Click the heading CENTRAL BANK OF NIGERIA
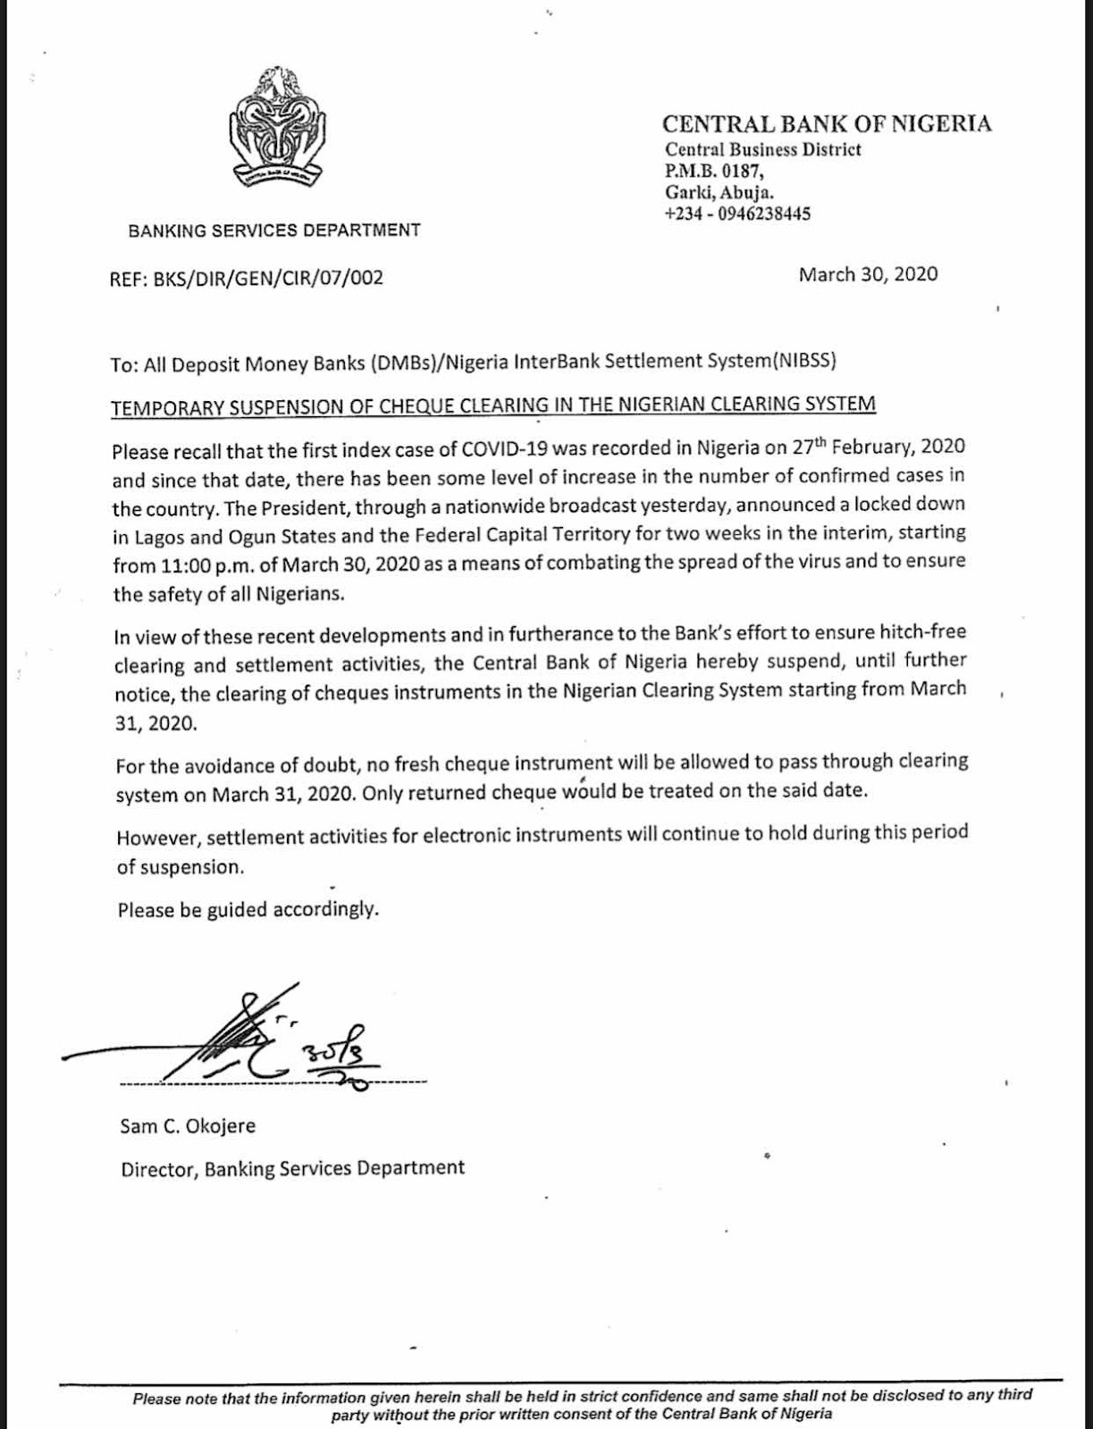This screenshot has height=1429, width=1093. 827,123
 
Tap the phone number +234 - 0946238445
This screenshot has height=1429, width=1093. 737,213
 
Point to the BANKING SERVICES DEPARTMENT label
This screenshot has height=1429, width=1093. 274,230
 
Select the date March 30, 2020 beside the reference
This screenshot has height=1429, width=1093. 868,274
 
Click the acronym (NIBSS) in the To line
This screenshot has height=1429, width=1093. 805,362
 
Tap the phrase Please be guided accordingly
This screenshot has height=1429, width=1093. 248,910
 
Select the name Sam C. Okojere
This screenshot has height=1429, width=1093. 188,1125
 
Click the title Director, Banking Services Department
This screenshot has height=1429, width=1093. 292,1168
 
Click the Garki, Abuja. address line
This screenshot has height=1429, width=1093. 719,192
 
